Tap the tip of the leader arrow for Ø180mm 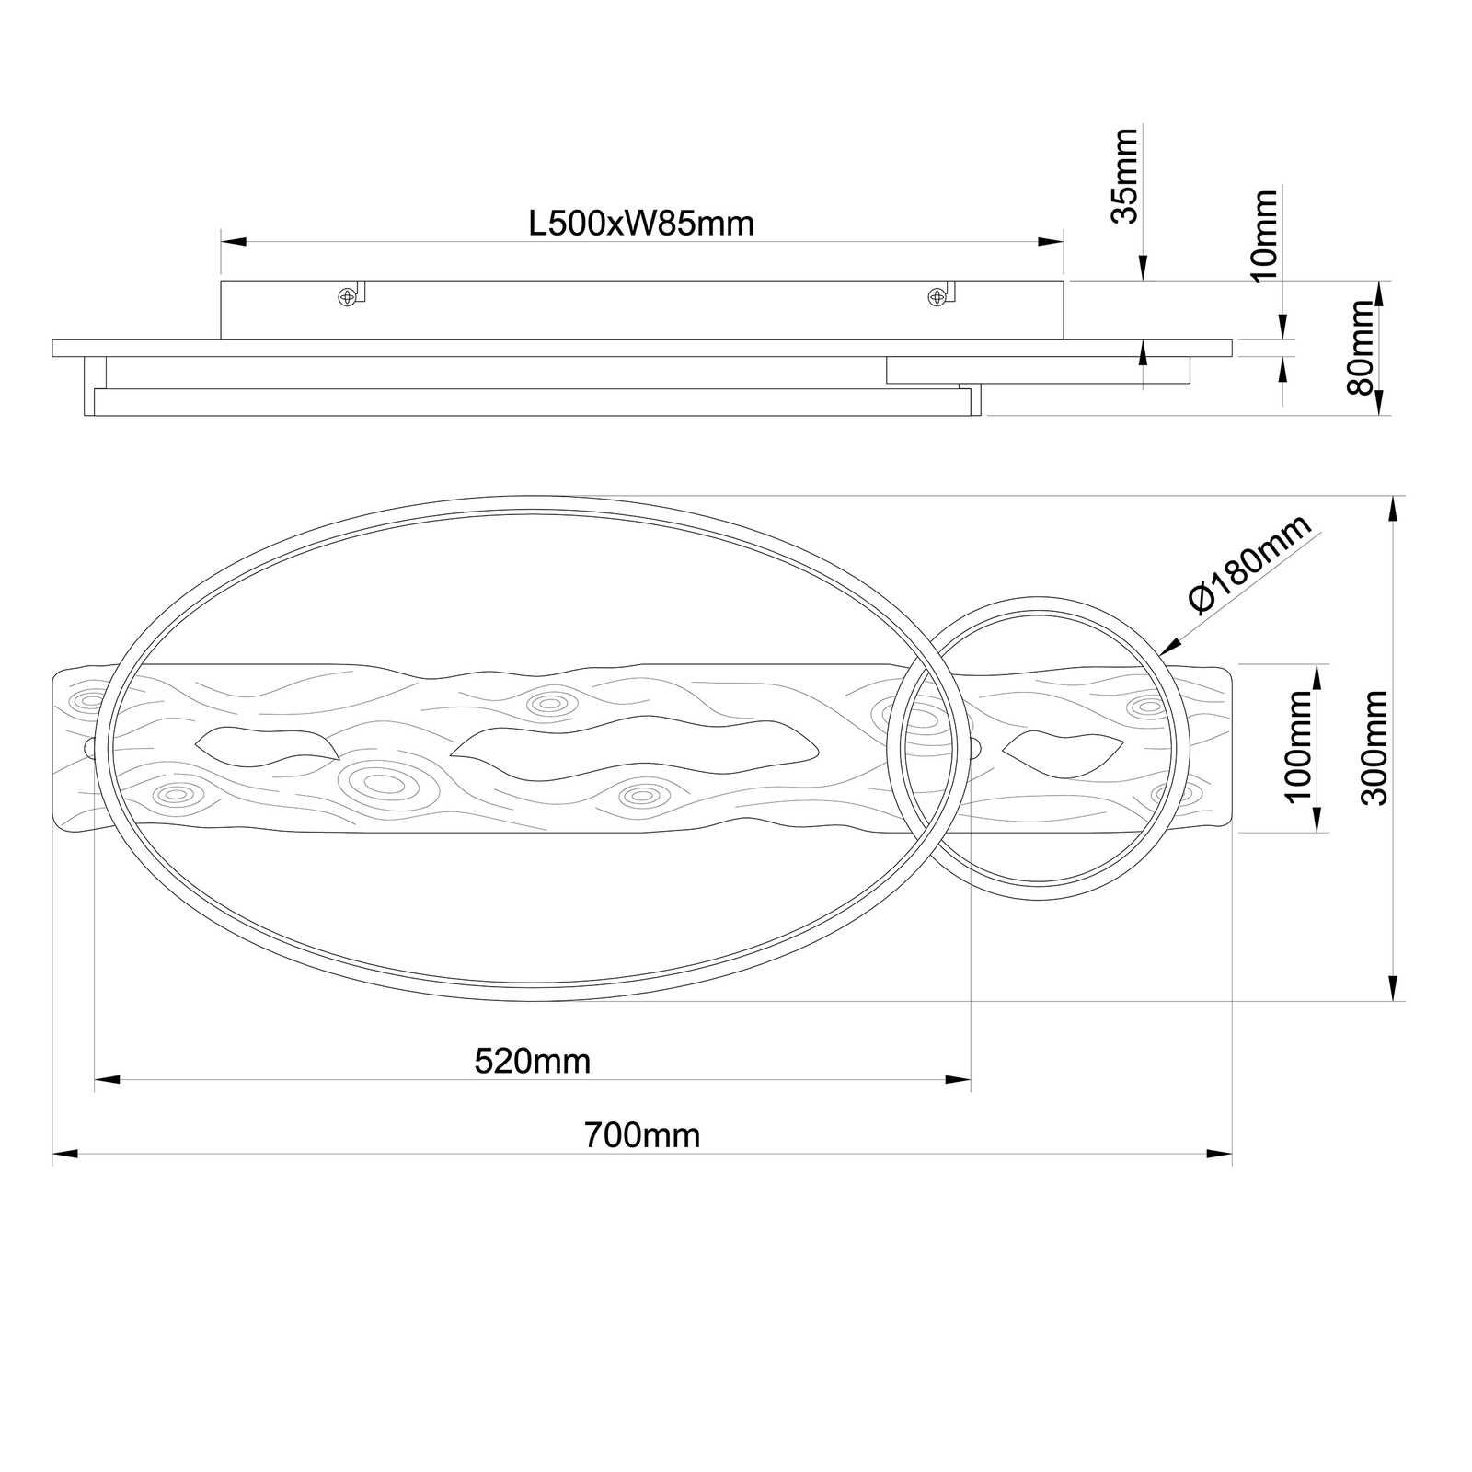point(1161,655)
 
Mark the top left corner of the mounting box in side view point(221,282)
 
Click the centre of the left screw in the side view point(347,296)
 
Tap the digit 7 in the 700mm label point(592,1135)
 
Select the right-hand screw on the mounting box point(937,296)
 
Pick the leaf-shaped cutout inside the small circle point(1063,750)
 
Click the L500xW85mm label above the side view point(641,224)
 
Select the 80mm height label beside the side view point(1360,348)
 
